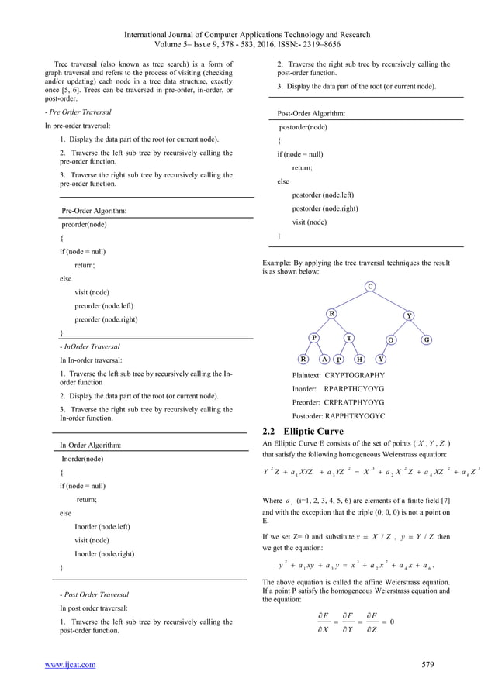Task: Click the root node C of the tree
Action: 371,287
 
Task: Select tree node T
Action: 350,338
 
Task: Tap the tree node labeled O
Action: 391,339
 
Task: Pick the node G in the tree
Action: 427,339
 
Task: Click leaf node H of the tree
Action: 360,360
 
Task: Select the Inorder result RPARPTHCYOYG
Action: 354,387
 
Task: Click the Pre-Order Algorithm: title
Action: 95,210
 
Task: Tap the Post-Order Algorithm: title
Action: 312,113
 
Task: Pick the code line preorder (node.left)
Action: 103,306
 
